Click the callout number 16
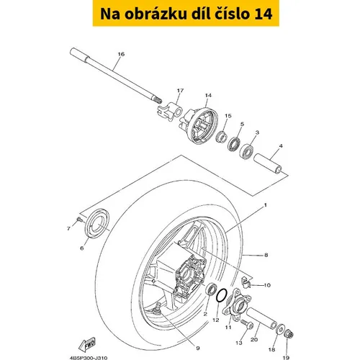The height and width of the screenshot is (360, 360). click(121, 54)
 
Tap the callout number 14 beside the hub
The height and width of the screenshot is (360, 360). click(208, 95)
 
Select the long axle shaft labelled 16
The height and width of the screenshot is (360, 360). click(116, 76)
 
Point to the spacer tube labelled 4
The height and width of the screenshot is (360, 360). click(268, 164)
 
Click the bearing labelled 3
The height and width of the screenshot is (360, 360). click(246, 150)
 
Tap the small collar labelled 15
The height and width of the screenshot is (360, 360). click(222, 137)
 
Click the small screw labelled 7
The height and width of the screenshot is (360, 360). click(80, 219)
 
